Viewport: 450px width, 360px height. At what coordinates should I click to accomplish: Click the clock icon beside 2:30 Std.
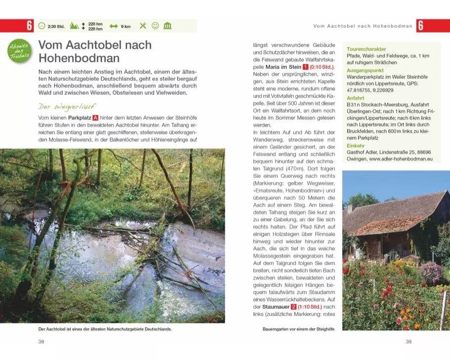pos(42,26)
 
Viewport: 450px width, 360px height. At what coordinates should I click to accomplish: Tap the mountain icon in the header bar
pos(74,26)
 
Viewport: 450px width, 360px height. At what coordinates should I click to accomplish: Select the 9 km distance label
pos(126,26)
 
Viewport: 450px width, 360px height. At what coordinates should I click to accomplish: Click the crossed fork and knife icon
pos(143,26)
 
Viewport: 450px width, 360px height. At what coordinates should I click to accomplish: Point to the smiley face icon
pos(155,26)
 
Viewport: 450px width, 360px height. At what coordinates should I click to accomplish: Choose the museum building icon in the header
pos(167,26)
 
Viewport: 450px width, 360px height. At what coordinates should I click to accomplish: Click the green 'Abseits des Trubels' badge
pos(19,51)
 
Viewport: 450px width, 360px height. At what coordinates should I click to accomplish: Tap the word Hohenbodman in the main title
pos(79,58)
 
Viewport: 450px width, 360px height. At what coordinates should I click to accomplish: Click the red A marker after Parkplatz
pos(96,119)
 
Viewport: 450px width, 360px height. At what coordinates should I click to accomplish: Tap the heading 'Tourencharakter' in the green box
pos(366,49)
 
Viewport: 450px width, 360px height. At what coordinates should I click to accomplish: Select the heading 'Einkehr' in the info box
pos(356,146)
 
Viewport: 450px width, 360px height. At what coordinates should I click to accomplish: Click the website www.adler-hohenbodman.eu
pos(401,159)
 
